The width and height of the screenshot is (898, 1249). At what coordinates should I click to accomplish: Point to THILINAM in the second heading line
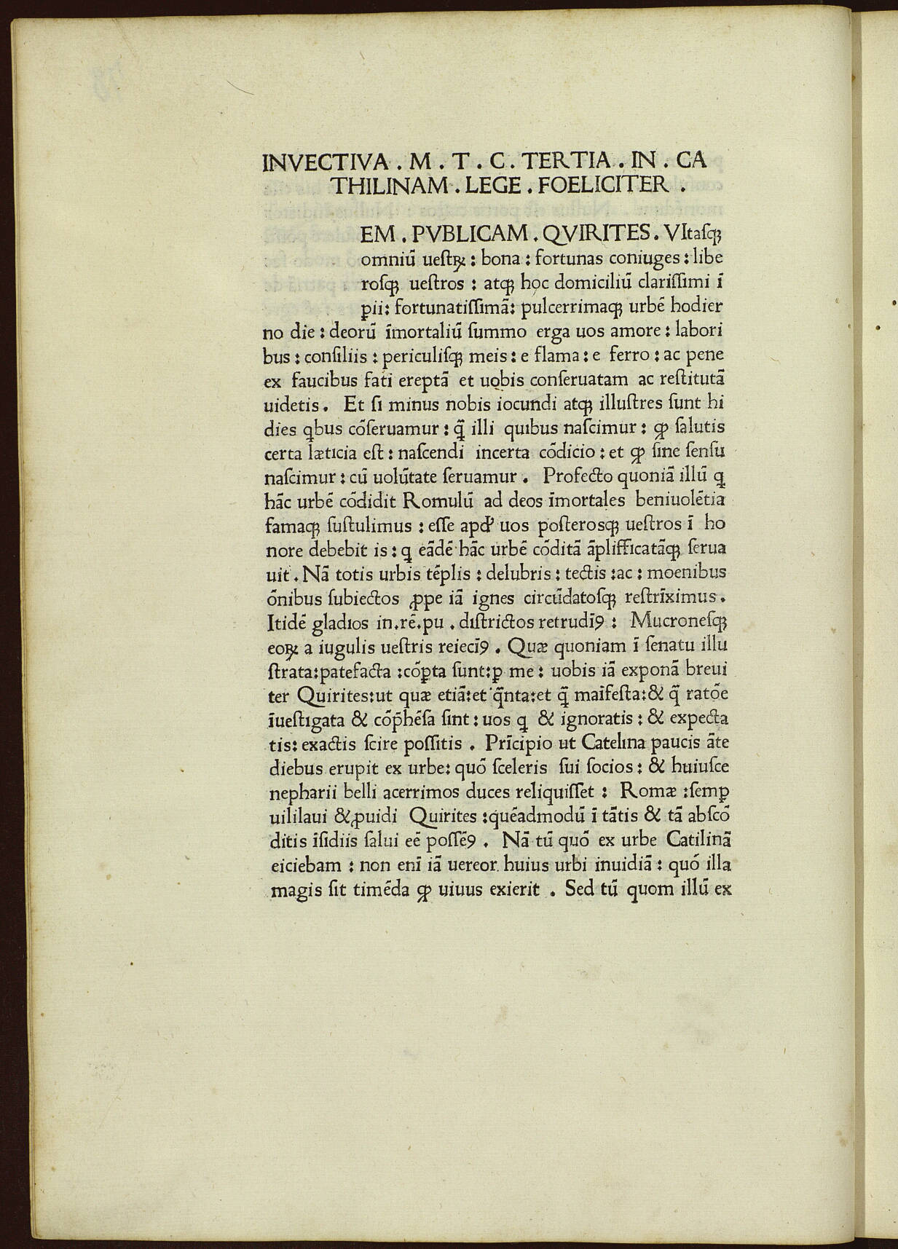[386, 186]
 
